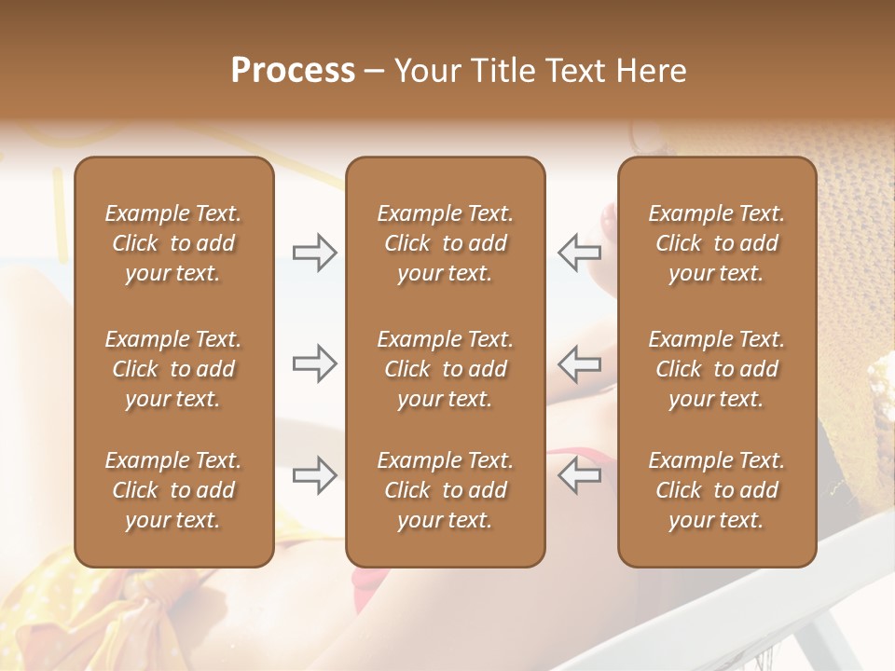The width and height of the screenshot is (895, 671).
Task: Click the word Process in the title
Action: coord(293,71)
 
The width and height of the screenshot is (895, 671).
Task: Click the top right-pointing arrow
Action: coord(314,253)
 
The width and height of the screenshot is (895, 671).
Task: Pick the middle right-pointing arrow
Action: coord(314,363)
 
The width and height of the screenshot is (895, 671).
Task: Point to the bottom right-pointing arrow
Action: coord(314,475)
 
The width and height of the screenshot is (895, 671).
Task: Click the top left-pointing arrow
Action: coord(579,253)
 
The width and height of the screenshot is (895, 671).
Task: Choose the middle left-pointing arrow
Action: coord(579,363)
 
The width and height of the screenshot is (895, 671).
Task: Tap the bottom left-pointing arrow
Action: coord(579,475)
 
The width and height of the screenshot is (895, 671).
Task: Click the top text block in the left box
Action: coord(173,243)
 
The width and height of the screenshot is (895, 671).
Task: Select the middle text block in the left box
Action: coord(173,369)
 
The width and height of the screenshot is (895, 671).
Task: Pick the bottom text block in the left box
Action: coord(173,490)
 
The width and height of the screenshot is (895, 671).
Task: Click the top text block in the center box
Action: coord(445,243)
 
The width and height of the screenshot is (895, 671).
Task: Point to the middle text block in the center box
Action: coord(445,369)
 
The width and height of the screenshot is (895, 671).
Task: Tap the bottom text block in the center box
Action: coord(445,490)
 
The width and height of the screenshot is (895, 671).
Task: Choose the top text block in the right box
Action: coord(716,243)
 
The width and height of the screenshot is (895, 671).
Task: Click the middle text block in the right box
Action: coord(716,369)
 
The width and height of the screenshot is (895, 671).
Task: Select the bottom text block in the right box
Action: coord(716,490)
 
